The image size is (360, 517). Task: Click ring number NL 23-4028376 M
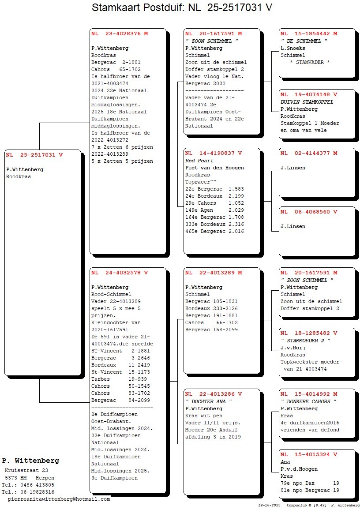120,34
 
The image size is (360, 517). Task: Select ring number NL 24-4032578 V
120,273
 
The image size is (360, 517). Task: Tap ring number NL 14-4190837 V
214,153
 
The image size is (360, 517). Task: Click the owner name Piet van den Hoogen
214,168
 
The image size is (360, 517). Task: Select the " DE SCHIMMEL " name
304,41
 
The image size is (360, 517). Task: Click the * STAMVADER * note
310,62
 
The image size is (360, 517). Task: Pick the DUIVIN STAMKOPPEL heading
307,102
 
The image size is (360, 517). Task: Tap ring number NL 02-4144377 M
309,153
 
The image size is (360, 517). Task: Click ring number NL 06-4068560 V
309,212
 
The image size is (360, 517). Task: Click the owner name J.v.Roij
293,347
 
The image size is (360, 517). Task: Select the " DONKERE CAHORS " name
308,401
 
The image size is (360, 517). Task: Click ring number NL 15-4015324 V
309,454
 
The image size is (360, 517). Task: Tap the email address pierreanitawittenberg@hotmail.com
59,499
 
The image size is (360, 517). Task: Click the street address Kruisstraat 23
26,470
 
